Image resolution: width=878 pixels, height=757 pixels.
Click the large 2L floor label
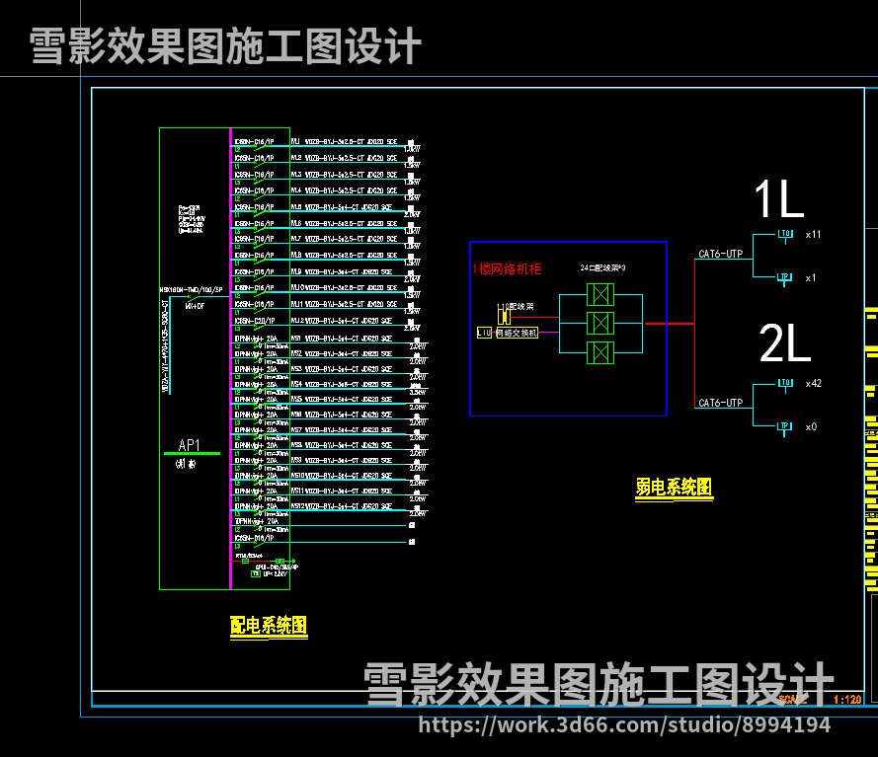785,344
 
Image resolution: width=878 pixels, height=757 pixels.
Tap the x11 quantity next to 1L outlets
813,235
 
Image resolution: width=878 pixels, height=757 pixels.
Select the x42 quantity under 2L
813,383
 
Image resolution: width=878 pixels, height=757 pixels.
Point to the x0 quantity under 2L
811,426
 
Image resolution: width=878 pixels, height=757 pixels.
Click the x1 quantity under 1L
811,278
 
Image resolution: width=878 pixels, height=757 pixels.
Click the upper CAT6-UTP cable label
720,255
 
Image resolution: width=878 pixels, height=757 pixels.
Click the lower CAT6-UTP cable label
720,403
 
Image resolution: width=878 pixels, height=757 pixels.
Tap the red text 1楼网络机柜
506,268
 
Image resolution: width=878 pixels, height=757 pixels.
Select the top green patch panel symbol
599,294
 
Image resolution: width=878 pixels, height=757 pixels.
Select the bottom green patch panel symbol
599,352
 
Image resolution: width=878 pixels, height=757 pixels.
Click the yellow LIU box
484,334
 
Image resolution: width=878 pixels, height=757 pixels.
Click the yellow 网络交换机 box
517,334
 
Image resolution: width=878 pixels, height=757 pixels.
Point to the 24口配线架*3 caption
602,268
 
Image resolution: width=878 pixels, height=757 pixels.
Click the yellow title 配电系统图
268,625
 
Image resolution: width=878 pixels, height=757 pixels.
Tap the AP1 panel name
190,445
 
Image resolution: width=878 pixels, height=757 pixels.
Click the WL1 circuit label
295,142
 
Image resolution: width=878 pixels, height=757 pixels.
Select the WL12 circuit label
296,321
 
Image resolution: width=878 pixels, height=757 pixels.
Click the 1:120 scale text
847,700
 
